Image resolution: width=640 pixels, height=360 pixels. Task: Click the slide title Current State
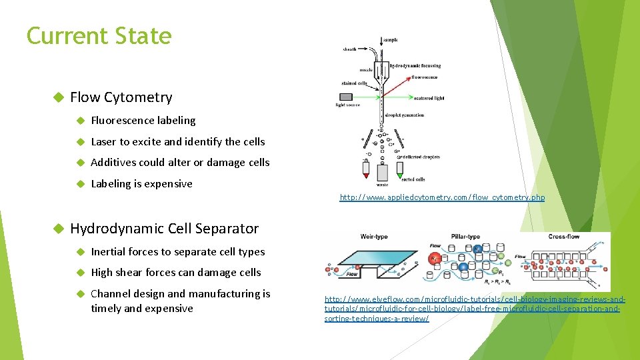99,36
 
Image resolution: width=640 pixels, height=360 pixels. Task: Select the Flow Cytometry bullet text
121,97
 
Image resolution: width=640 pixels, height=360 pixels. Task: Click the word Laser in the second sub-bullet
103,141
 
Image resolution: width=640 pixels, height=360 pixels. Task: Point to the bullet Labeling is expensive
141,183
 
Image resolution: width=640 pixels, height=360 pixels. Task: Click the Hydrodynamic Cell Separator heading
164,228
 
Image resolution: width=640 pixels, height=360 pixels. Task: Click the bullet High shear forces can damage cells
176,272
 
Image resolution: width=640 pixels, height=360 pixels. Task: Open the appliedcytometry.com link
442,197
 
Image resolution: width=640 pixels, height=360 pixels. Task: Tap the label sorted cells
413,179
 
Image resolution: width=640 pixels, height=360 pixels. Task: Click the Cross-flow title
565,237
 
